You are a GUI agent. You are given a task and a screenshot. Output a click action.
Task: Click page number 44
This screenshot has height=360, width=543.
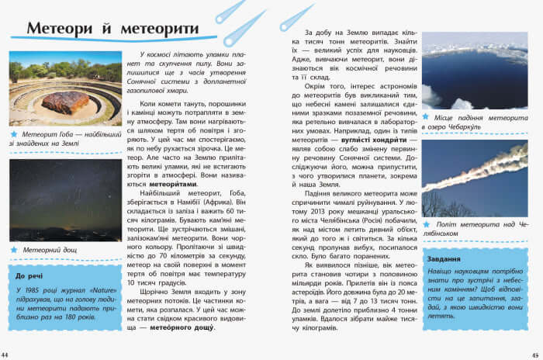(x=6, y=355)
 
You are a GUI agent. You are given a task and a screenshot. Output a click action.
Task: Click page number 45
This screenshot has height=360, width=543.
(x=536, y=355)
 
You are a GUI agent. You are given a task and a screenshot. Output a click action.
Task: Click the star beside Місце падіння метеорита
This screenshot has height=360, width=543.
(x=426, y=116)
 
